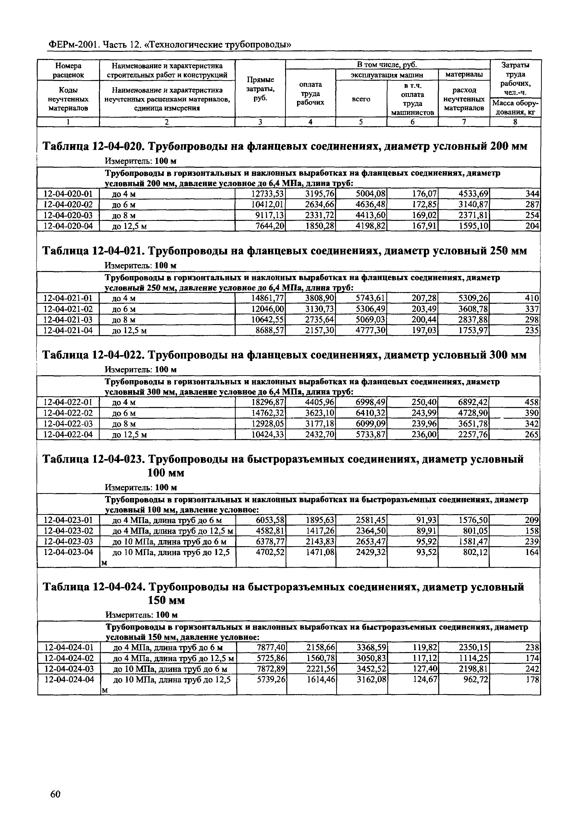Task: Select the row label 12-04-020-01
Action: pos(68,194)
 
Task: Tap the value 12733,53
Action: pos(268,194)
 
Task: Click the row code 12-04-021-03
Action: pos(68,320)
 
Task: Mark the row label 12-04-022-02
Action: pos(68,413)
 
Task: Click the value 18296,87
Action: pos(268,402)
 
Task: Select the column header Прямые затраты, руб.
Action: pos(260,89)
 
